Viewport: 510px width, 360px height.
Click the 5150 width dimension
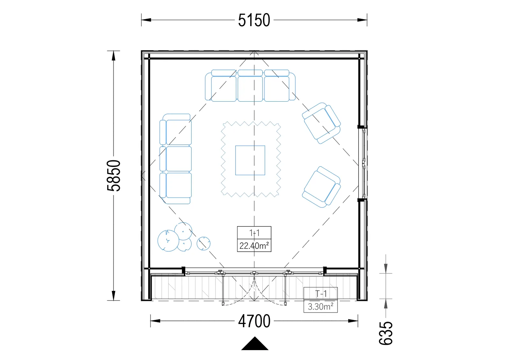254,20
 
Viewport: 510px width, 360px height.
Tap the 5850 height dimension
113,176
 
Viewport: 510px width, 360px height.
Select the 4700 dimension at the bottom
254,321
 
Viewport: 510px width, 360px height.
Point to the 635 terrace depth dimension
386,333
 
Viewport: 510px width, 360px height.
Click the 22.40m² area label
254,246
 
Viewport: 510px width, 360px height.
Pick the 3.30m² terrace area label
321,306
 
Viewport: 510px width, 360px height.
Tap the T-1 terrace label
321,294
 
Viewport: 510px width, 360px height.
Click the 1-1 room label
254,233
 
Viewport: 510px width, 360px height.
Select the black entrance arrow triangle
255,343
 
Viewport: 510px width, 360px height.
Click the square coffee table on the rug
250,161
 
